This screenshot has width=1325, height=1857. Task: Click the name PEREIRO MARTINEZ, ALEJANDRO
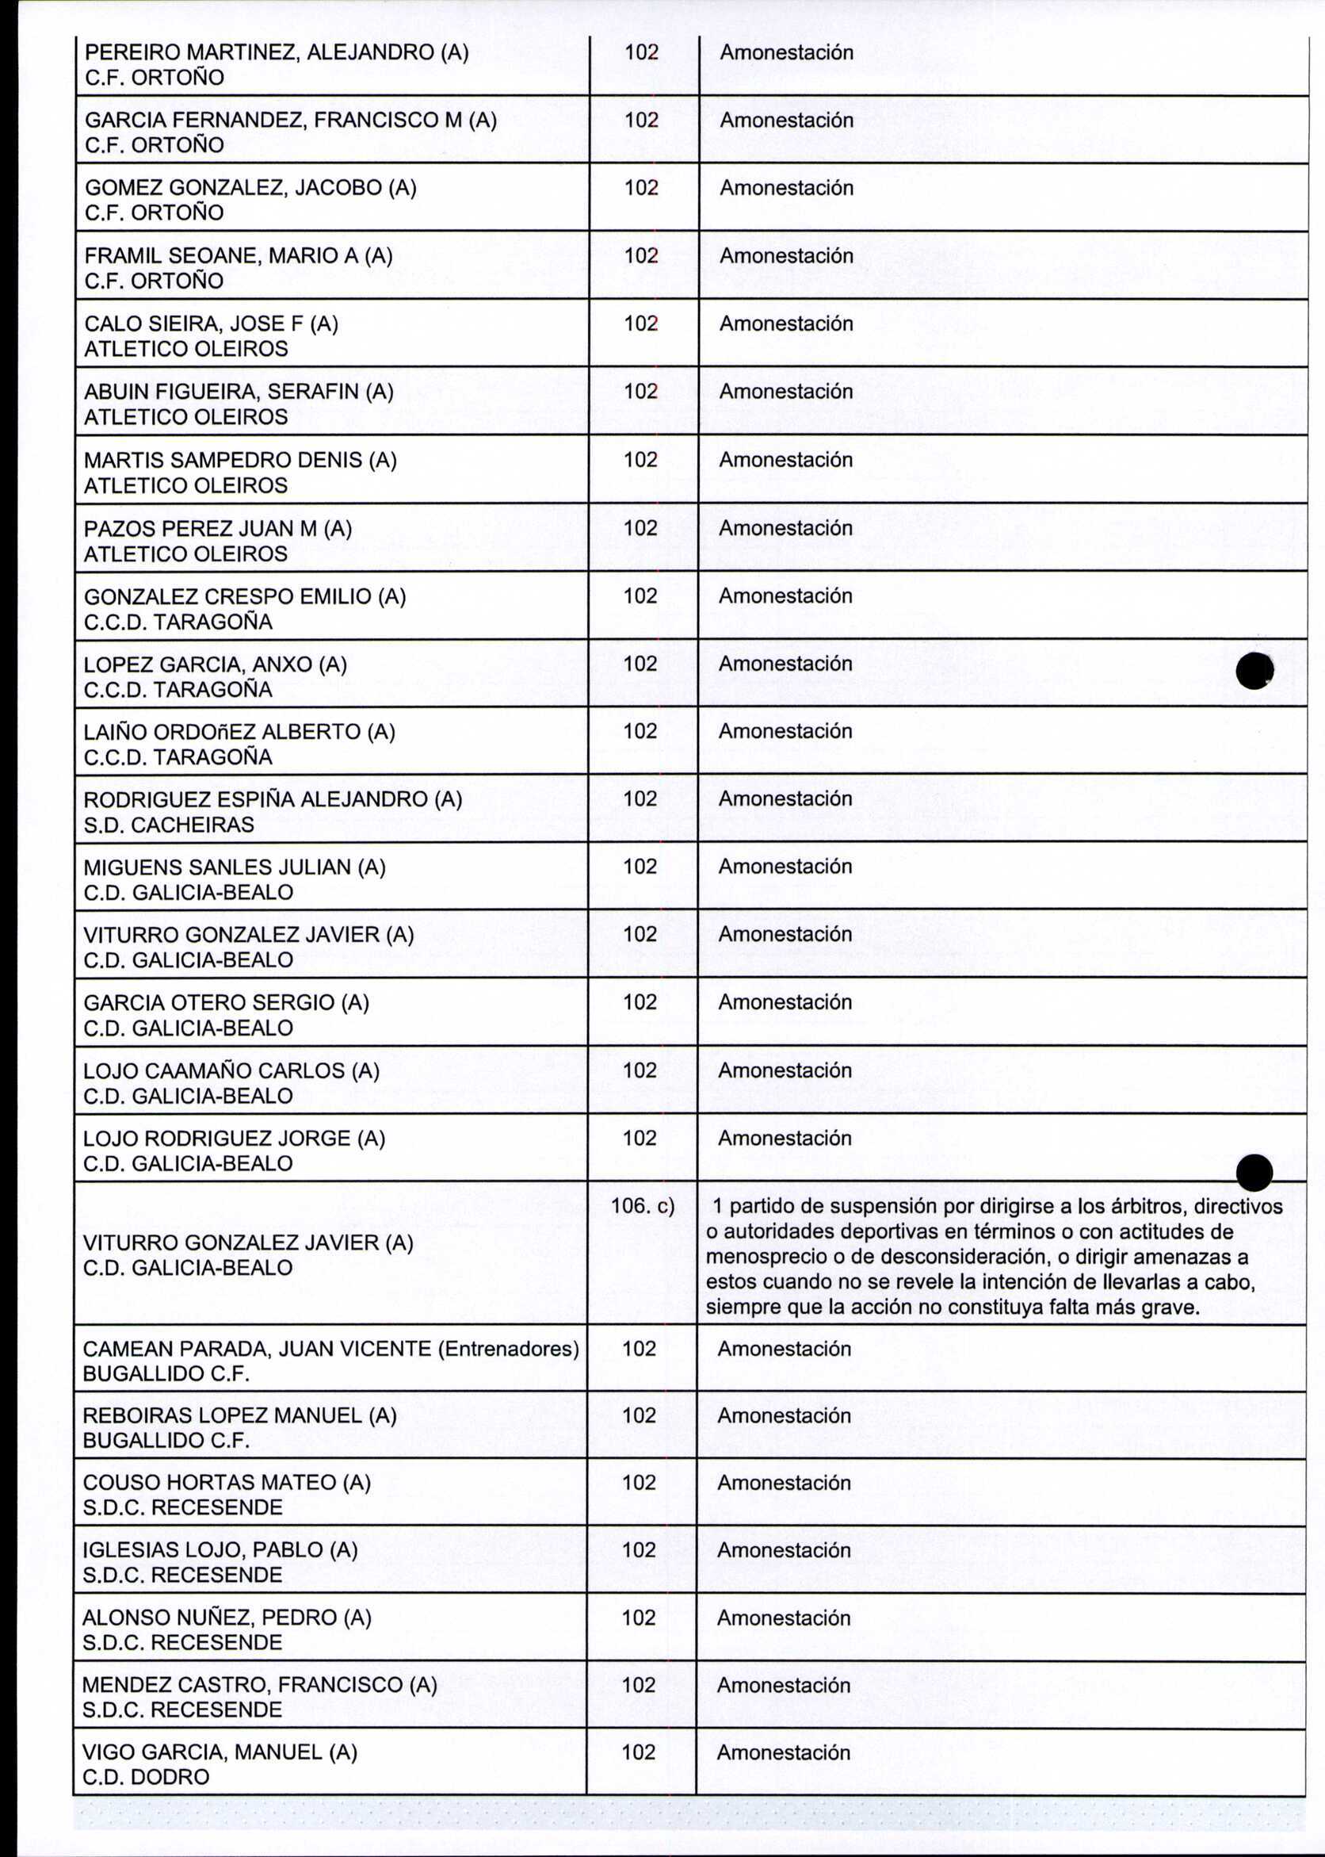tap(262, 53)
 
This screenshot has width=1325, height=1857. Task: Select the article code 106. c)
tap(642, 1207)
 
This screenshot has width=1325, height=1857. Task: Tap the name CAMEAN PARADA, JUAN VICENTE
tap(258, 1349)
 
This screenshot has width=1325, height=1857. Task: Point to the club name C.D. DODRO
tap(146, 1776)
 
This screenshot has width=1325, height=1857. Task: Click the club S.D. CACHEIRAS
tap(169, 825)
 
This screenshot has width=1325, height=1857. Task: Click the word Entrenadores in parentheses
tap(508, 1349)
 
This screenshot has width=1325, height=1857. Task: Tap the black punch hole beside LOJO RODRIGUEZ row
tap(1254, 1174)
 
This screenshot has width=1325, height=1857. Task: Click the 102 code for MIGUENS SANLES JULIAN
tap(640, 866)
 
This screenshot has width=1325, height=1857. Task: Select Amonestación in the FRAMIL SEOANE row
tap(785, 255)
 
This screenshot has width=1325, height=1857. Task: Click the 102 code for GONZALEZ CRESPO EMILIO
tap(640, 595)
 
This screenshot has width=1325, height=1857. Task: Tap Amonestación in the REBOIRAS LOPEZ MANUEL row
tap(784, 1415)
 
